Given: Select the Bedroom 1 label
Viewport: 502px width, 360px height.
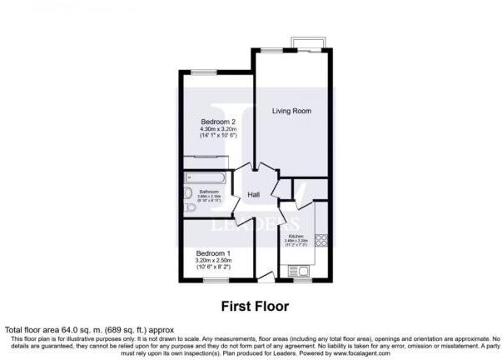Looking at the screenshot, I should [214, 252].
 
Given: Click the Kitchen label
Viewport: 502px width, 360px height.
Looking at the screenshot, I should [296, 236].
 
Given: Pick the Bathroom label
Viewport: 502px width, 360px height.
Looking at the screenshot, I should [209, 192].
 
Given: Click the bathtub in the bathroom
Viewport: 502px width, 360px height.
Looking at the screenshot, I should [205, 177].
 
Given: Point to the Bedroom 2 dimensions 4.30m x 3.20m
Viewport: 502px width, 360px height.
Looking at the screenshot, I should [219, 130].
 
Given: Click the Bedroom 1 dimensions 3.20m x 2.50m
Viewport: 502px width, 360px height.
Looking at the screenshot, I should [214, 261].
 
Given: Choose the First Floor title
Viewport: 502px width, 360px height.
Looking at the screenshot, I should [255, 306].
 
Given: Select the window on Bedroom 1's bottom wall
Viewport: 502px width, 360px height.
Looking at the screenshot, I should [215, 281].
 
